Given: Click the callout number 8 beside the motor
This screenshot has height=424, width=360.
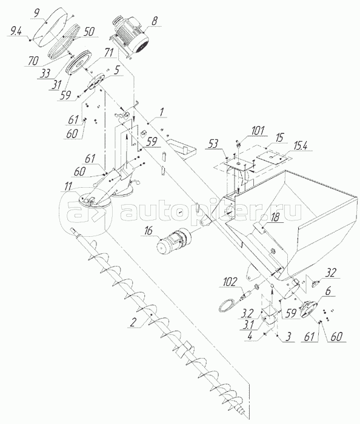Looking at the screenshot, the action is point(155,21).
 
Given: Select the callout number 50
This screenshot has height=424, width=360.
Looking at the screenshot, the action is point(88,31).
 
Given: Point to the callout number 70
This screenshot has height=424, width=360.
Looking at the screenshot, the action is point(33,61).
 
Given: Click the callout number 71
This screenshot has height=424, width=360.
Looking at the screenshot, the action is point(108,54).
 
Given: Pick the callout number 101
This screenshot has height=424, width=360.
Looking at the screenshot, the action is point(257,131).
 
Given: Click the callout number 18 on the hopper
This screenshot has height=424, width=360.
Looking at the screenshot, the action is point(275,217).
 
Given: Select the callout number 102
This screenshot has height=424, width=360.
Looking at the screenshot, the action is point(230,282).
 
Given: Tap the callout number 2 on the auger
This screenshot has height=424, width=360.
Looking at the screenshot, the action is point(133,323).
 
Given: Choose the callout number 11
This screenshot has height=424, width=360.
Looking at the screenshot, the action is point(68,187).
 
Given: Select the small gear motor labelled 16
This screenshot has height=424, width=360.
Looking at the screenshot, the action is point(174,240).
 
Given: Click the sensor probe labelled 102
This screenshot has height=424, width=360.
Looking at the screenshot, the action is point(238,297).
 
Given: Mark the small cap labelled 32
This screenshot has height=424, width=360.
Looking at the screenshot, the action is point(315,283).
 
